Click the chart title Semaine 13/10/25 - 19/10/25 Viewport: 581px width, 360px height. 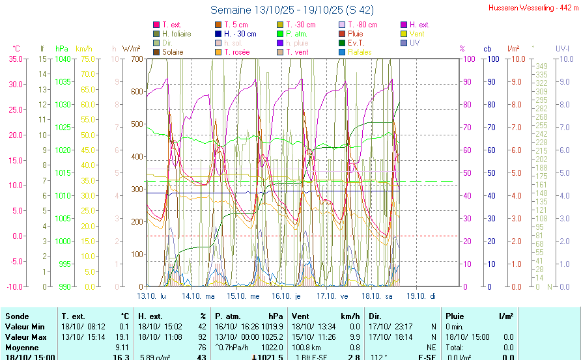292,10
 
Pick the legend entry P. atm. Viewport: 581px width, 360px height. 297,34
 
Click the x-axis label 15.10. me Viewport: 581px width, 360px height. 246,295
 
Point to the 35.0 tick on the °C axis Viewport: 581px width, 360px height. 15,59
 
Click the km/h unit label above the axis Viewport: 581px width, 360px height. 83,49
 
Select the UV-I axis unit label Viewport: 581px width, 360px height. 562,49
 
